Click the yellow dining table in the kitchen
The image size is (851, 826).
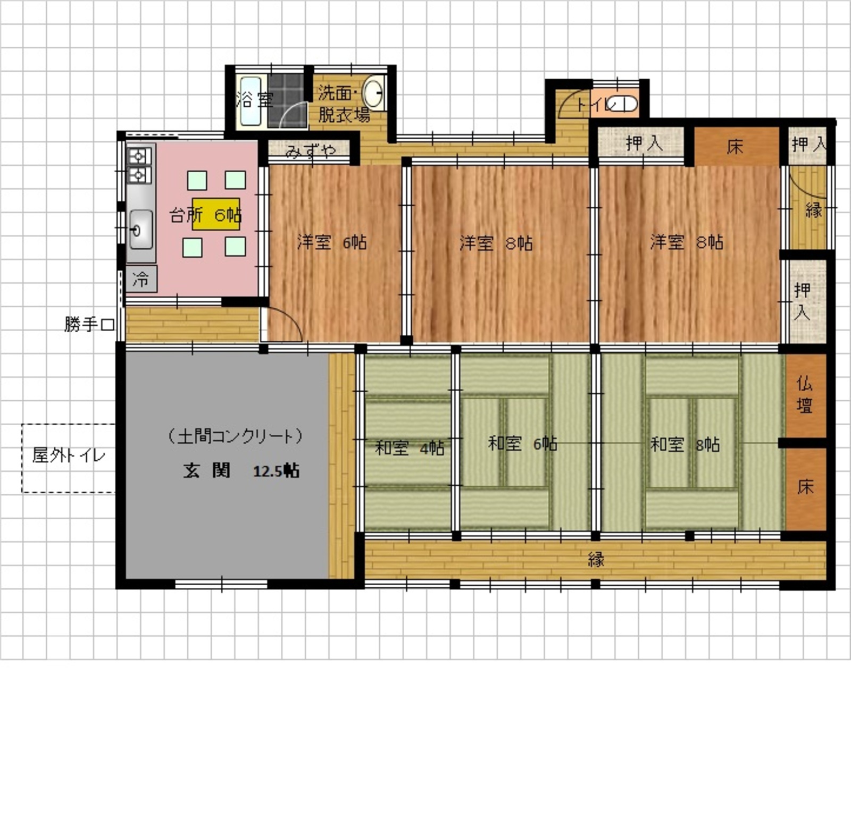point(216,214)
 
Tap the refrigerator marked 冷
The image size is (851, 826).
point(141,279)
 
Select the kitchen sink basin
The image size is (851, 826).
point(141,229)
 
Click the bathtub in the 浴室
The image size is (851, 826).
point(249,102)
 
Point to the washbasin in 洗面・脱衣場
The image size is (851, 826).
point(374,92)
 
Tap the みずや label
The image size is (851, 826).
point(311,151)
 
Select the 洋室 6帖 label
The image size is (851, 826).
point(332,242)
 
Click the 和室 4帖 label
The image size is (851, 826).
point(410,448)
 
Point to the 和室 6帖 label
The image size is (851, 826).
point(522,443)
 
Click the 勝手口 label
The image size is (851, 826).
point(89,324)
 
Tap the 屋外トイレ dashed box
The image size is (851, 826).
point(69,458)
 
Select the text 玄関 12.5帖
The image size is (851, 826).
point(241,471)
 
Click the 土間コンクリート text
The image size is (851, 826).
point(235,436)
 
